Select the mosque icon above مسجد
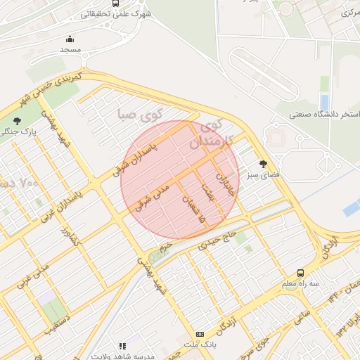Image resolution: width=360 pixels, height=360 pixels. pos(70,39)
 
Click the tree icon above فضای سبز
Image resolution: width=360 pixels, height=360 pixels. pos(264,163)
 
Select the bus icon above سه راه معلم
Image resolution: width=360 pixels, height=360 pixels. pos(301,273)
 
